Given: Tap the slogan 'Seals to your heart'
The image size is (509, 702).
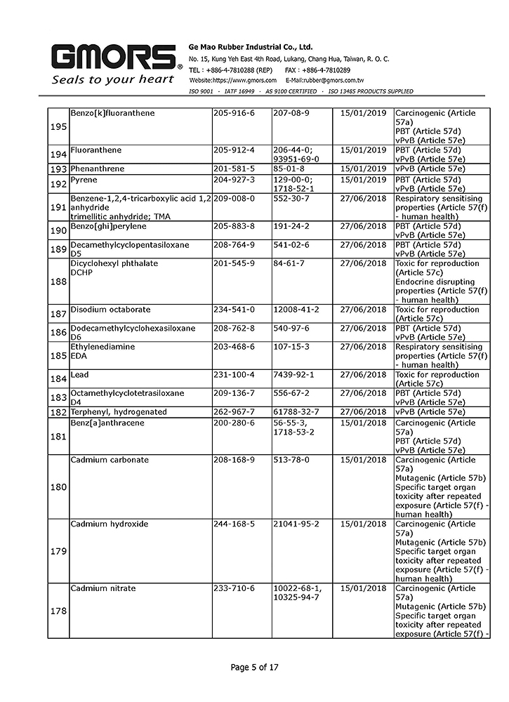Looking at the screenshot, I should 113,79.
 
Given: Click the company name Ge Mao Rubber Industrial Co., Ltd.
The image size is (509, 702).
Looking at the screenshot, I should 251,46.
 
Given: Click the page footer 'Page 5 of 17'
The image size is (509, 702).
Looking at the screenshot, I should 254,667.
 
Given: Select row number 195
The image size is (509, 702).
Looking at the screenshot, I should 58,126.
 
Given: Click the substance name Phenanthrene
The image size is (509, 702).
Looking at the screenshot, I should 95,168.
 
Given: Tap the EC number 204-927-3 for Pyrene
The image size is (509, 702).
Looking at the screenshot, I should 233,180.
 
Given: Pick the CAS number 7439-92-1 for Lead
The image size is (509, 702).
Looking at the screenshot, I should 293,375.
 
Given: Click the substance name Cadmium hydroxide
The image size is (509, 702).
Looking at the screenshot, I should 105,524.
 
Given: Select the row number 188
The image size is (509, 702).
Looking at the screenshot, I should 58,282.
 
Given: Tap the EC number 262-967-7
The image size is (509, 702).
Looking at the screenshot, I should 233,412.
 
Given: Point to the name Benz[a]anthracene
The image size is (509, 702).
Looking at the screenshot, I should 105,423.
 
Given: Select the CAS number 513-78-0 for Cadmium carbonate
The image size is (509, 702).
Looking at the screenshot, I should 291,460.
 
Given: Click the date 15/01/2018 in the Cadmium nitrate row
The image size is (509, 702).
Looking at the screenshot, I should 363,588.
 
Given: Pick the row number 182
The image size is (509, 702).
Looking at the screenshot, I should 58,412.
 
